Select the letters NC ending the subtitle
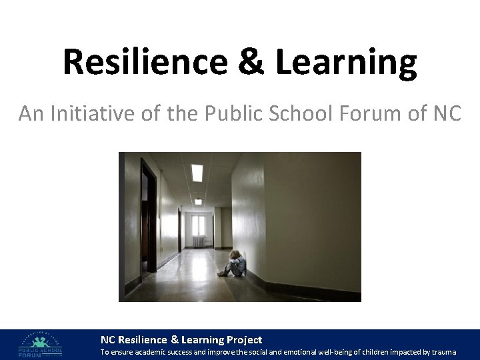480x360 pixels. pos(447,114)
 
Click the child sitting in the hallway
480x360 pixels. pos(235,263)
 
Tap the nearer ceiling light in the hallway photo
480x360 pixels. pos(197,172)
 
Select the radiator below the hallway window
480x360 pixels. pos(198,243)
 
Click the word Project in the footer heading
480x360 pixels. pos(243,339)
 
